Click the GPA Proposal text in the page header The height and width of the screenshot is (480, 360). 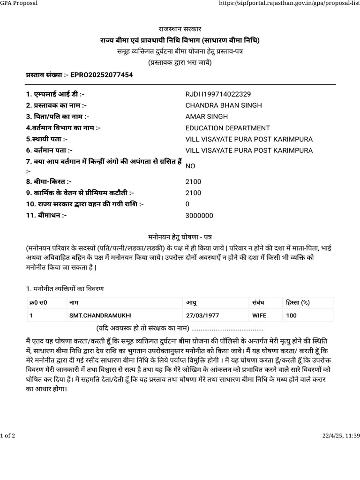19,4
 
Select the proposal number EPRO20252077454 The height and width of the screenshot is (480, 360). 101,75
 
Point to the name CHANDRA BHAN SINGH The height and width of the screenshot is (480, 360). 224,105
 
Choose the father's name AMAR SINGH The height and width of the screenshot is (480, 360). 207,116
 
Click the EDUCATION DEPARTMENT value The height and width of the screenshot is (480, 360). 228,127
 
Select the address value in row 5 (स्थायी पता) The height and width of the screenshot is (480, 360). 249,139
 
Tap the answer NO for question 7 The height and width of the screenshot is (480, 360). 190,166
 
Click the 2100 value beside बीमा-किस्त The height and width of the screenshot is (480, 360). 193,181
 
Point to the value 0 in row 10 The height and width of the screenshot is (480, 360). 187,204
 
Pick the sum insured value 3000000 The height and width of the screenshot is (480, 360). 199,215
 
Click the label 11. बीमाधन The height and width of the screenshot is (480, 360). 46,215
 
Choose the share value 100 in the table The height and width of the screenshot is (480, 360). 291,316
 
